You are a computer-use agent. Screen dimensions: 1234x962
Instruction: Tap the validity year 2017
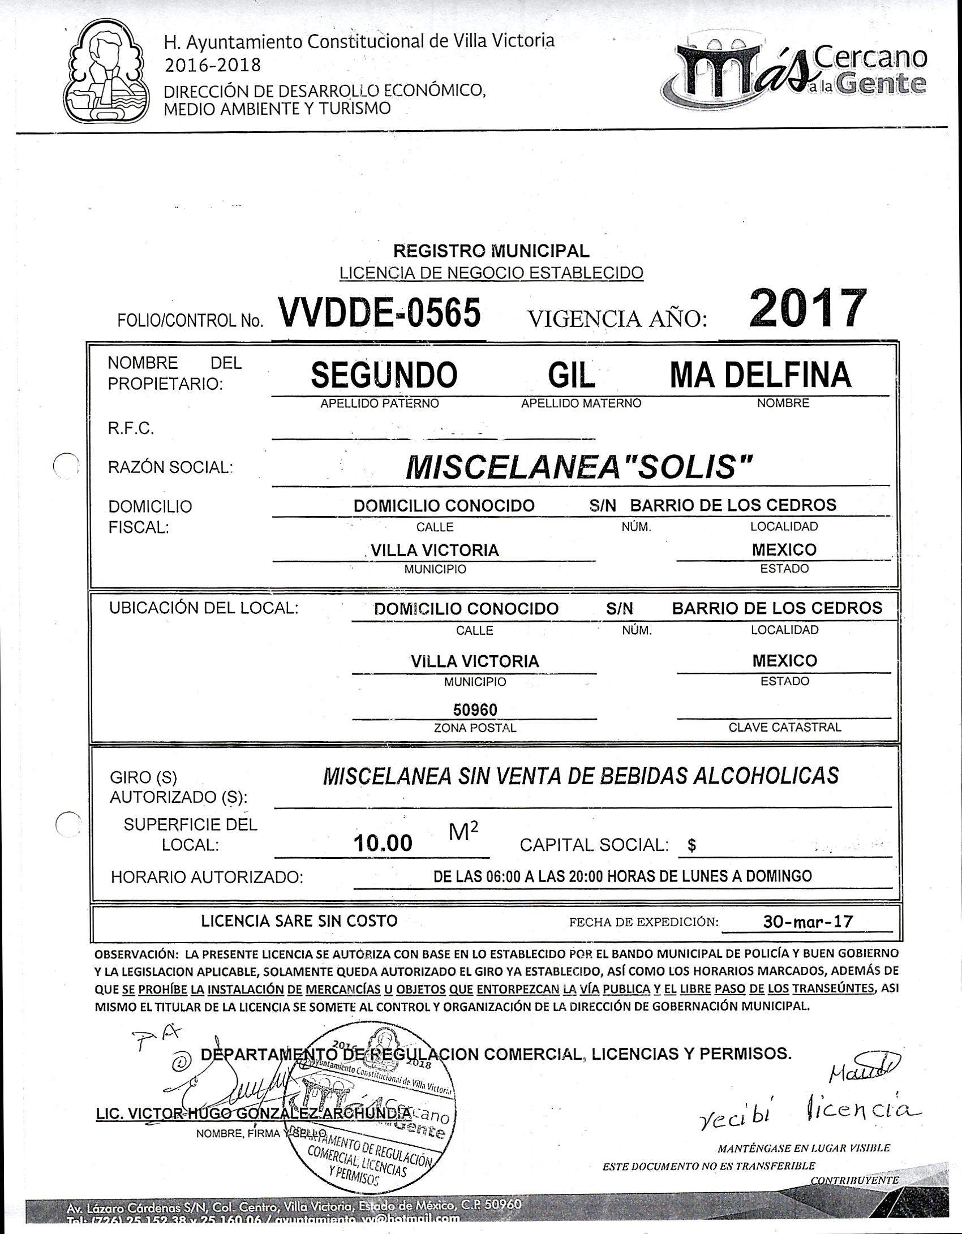808,309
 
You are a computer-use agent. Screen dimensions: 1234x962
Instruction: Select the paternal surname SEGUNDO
384,375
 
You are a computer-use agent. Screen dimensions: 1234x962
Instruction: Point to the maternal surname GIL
572,375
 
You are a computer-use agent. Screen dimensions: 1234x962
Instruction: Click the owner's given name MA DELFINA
760,375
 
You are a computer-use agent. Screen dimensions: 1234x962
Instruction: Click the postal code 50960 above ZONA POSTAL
475,710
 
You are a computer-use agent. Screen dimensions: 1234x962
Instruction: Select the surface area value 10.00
383,844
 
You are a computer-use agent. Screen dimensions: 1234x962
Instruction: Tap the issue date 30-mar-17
808,921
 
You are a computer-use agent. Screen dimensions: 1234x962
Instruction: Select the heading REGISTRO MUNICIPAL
491,250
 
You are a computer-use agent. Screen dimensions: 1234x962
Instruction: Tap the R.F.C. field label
131,429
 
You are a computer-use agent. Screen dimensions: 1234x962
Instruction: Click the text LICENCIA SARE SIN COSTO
299,921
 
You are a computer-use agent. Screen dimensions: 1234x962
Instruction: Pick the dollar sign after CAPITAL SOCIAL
691,846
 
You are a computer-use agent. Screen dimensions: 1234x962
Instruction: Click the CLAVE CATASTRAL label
784,728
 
